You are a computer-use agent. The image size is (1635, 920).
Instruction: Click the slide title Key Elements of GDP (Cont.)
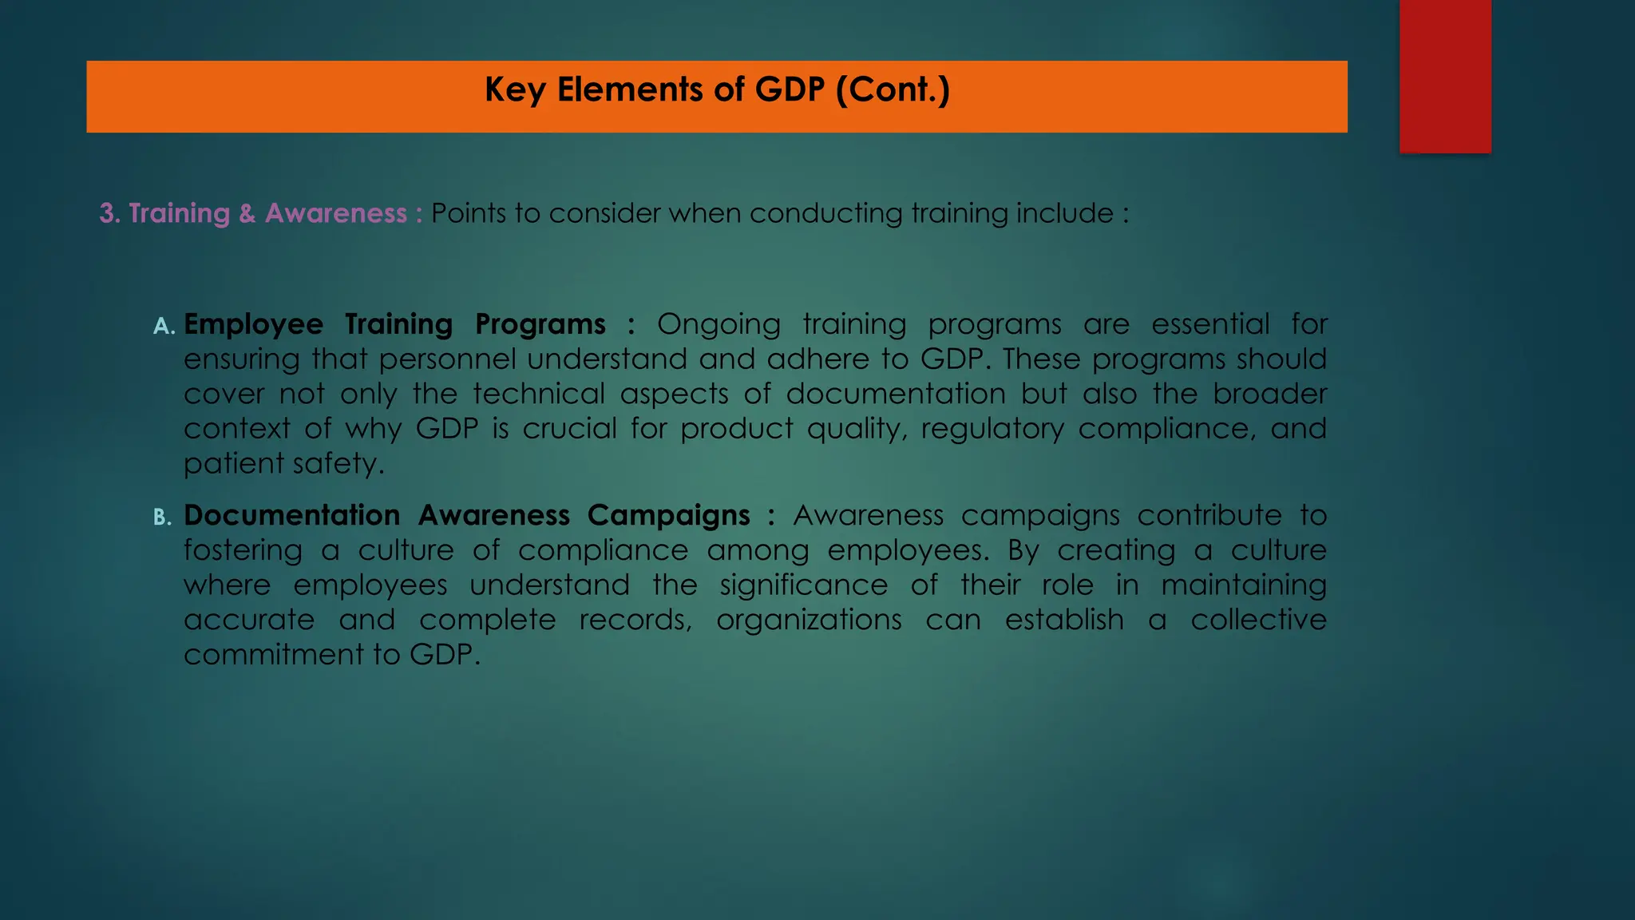(x=717, y=89)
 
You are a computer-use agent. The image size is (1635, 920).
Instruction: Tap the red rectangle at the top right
(x=1445, y=76)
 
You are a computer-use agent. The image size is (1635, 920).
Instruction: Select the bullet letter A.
(x=164, y=326)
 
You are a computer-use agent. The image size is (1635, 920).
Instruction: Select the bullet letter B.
(x=162, y=517)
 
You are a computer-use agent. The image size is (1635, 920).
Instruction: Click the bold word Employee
(x=253, y=324)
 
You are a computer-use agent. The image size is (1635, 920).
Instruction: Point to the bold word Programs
(x=540, y=324)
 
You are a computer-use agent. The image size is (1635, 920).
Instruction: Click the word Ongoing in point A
(x=719, y=325)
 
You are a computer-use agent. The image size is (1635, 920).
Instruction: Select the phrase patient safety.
(x=283, y=464)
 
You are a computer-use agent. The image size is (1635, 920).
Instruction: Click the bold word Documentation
(x=291, y=515)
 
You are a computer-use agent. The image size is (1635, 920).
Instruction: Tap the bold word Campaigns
(x=668, y=516)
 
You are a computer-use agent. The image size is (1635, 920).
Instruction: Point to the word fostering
(x=243, y=550)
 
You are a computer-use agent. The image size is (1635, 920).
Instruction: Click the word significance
(x=803, y=585)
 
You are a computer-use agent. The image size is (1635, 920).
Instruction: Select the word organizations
(x=809, y=620)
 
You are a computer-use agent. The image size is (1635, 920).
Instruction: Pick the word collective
(x=1258, y=620)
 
